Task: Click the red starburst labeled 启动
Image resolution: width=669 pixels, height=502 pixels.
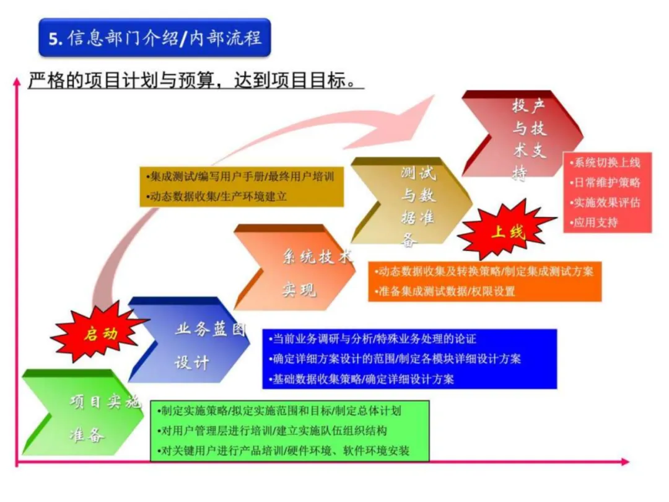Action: tap(100, 335)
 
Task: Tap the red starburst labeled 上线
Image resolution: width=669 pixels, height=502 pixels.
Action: tap(507, 232)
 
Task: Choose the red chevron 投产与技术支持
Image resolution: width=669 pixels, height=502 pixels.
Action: tap(523, 136)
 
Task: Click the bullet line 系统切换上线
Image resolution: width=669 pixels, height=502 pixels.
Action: tap(606, 163)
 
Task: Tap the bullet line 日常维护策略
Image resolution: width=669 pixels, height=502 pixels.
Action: tap(606, 183)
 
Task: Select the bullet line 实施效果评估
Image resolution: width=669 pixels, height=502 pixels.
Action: tap(606, 203)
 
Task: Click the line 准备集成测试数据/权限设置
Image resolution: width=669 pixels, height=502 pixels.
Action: tap(446, 291)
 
